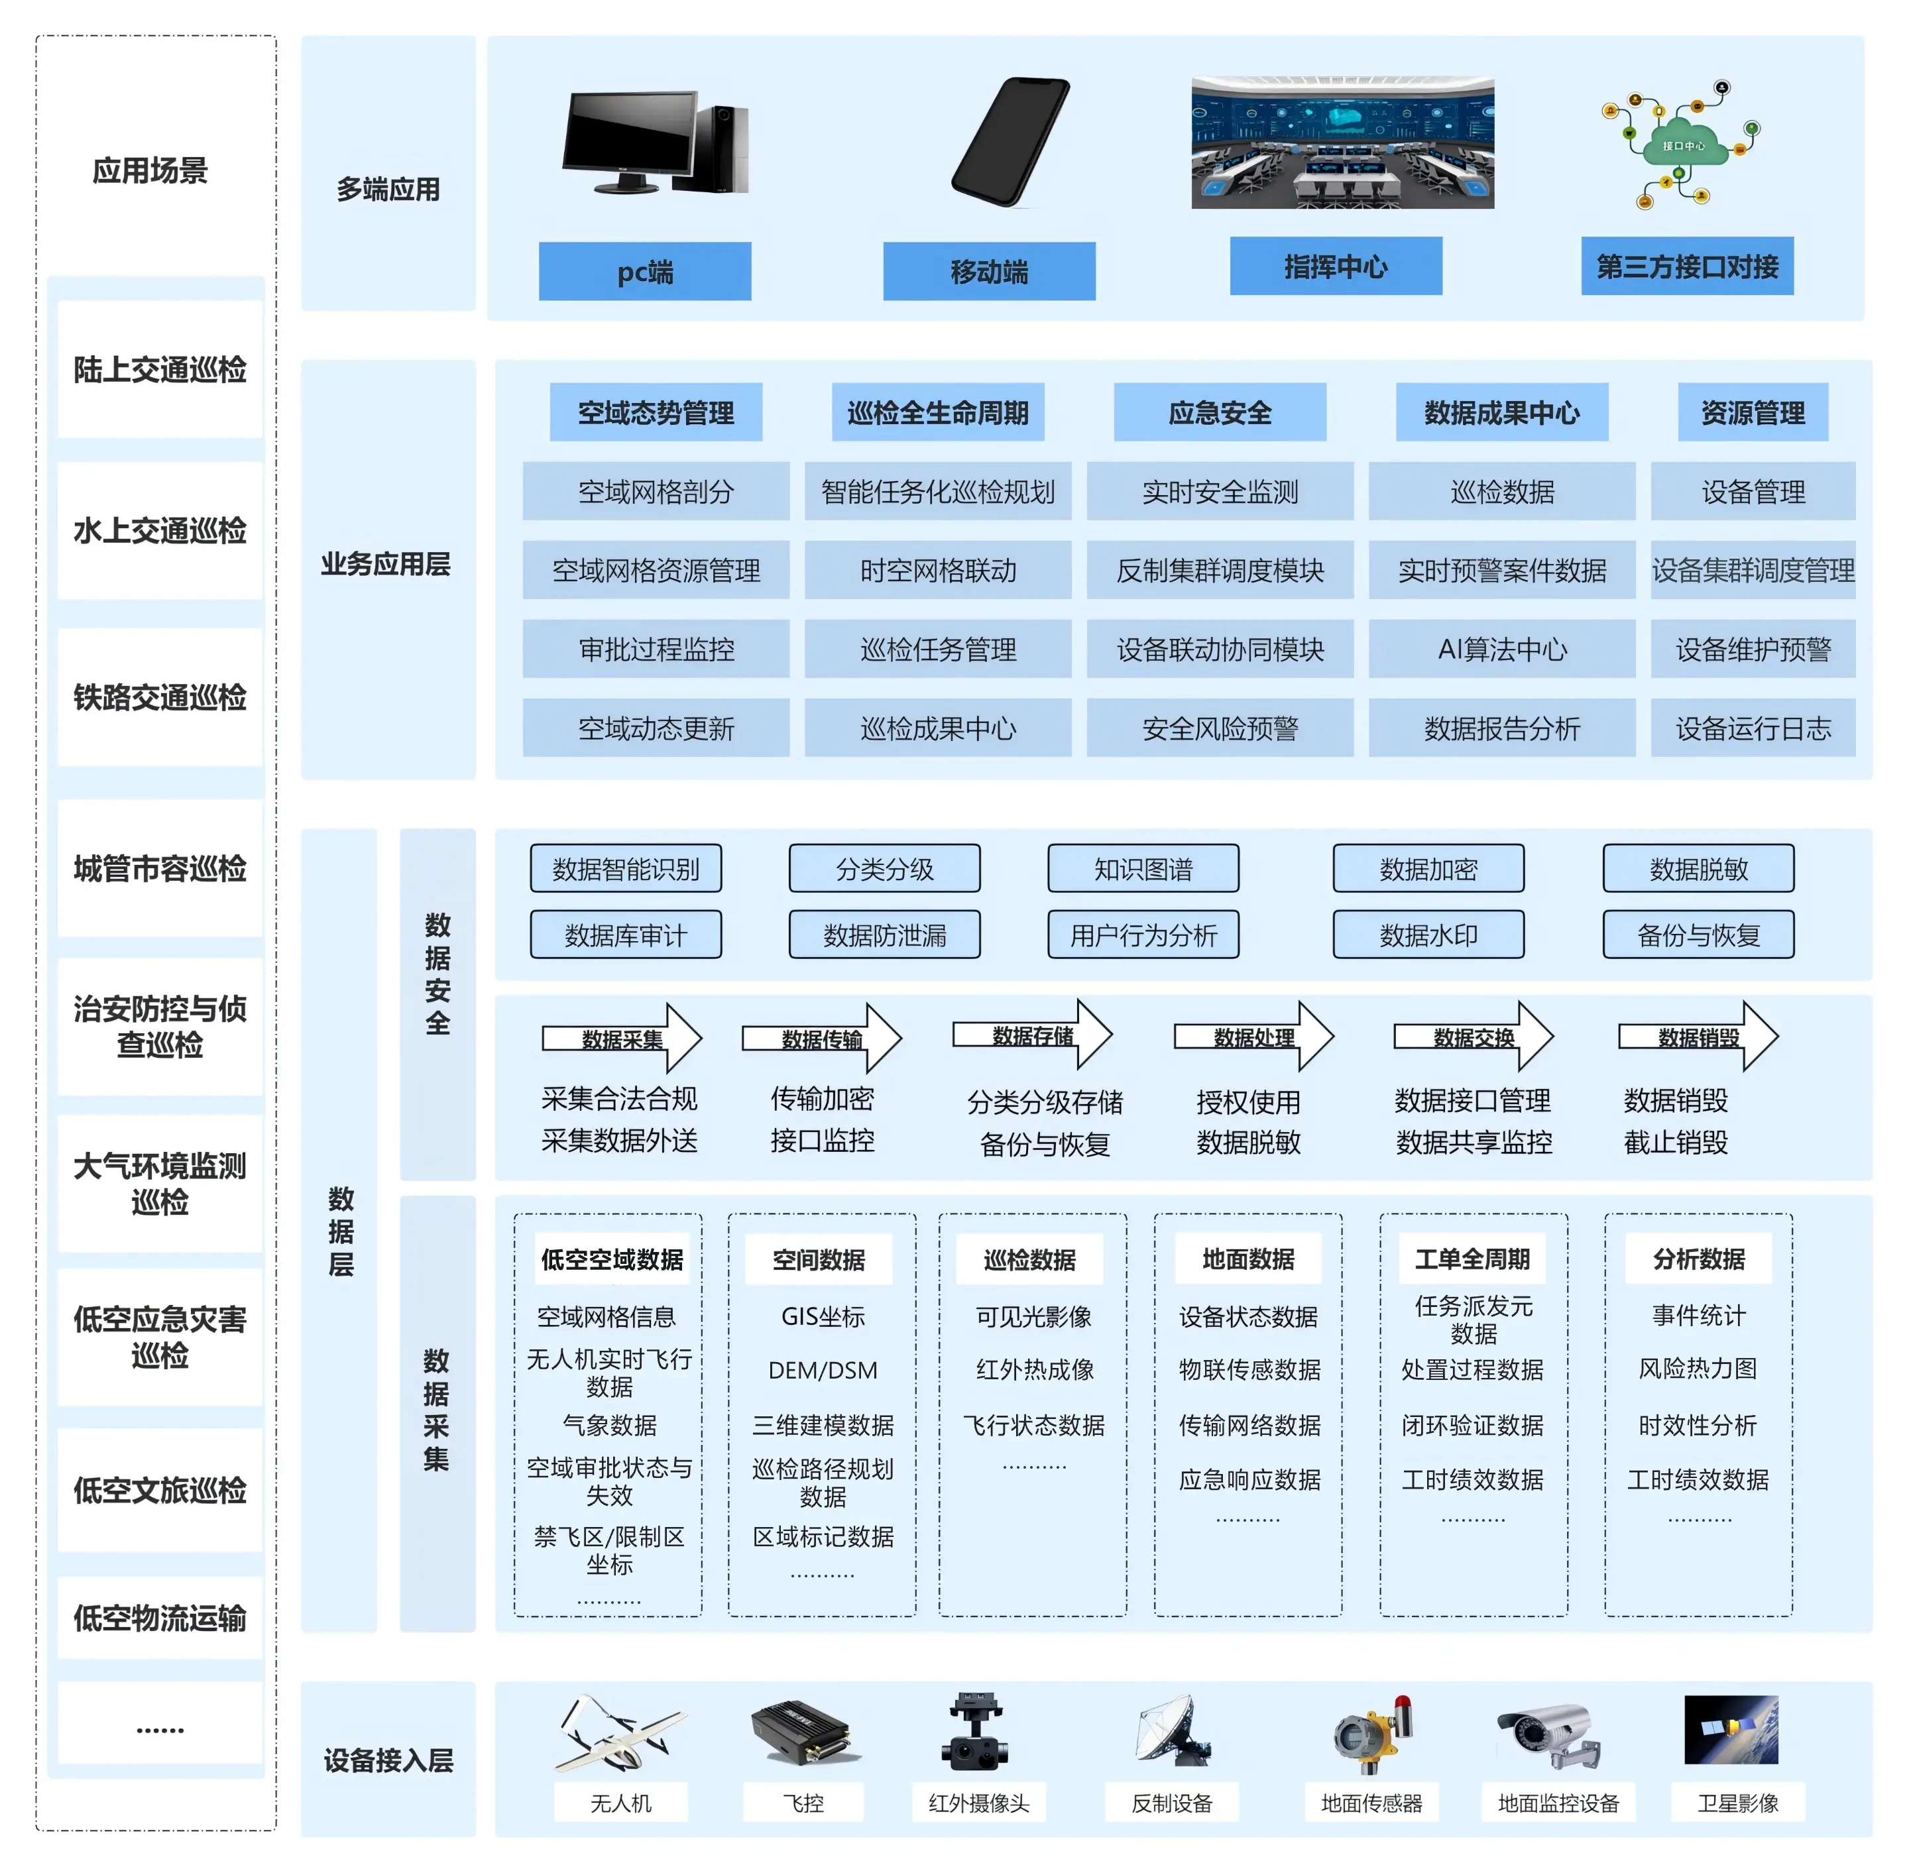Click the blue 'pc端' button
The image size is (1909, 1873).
644,272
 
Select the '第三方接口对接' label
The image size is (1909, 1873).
1686,266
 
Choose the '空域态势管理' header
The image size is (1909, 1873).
656,412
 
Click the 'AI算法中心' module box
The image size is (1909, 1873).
1501,650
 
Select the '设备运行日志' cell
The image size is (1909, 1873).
1753,728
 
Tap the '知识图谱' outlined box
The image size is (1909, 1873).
1143,869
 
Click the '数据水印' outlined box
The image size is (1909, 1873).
1428,935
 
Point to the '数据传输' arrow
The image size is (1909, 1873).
821,1039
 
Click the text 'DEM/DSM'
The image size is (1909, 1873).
823,1369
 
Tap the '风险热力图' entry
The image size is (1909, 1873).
1698,1369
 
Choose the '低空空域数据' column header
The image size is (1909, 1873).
611,1259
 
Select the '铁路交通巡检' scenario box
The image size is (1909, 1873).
159,697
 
